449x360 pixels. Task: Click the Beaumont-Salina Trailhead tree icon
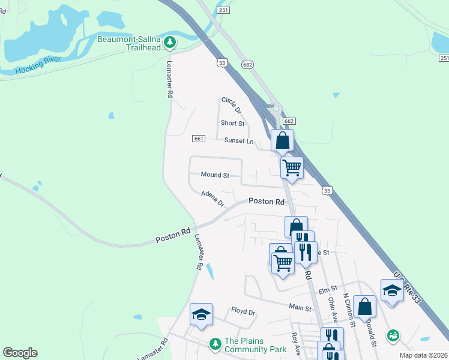coord(171,42)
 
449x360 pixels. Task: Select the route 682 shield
coord(247,64)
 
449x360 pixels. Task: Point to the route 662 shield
coord(289,121)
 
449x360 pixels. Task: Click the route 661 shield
coord(199,139)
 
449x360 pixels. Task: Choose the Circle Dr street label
coord(231,106)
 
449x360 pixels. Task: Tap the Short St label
coord(232,124)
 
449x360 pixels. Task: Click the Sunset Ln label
coord(239,141)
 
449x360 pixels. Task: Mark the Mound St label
coord(215,175)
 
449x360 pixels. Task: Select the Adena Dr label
coord(212,197)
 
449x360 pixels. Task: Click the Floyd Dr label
coord(243,312)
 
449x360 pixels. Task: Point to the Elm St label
coord(328,290)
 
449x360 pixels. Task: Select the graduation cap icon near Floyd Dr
coord(201,314)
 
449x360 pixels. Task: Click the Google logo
coord(20,353)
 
